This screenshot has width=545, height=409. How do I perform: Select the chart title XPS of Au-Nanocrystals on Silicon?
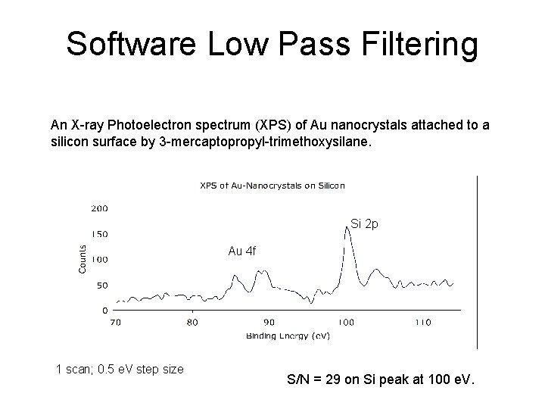272,185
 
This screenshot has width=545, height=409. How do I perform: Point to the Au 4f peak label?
242,251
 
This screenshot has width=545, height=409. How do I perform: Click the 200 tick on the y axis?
99,207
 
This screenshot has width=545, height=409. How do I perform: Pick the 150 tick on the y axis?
99,233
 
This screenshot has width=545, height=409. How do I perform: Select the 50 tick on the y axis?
101,285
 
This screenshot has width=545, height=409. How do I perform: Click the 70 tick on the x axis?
115,322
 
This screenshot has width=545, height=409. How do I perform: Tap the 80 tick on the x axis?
192,322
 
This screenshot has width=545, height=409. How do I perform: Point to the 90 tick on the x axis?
269,322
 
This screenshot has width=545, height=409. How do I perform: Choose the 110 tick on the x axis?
422,322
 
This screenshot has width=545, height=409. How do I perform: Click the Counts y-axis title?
83,257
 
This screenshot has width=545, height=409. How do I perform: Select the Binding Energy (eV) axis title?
288,336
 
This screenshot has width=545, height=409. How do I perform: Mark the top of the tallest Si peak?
347,227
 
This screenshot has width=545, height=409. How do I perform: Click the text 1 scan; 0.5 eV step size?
120,370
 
